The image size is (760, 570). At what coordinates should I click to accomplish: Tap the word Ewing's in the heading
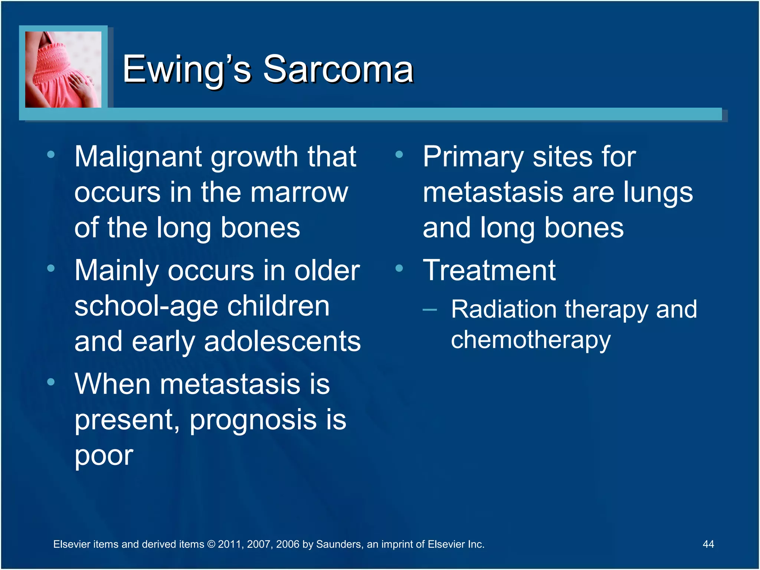[187, 69]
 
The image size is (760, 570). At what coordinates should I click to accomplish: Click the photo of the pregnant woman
[63, 69]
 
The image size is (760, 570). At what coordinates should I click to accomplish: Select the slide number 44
[708, 544]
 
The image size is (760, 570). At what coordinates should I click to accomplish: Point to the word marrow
[299, 193]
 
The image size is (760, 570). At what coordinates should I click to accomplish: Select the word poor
[104, 456]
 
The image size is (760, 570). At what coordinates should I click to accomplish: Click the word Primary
[473, 157]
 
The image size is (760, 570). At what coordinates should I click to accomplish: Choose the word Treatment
[489, 270]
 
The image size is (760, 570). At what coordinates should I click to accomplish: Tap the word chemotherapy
[531, 340]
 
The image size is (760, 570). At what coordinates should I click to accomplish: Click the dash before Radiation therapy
[429, 309]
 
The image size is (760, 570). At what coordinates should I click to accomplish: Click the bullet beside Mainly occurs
[51, 268]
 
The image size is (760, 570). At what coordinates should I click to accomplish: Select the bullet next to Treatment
[399, 268]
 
